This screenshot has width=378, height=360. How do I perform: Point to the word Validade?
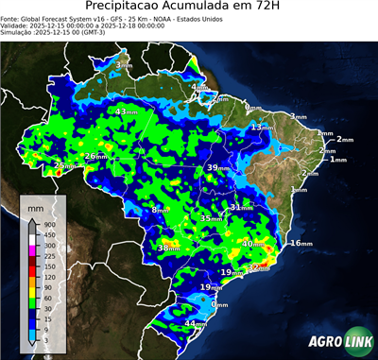coord(18,26)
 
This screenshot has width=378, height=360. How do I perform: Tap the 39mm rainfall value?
coord(218,167)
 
